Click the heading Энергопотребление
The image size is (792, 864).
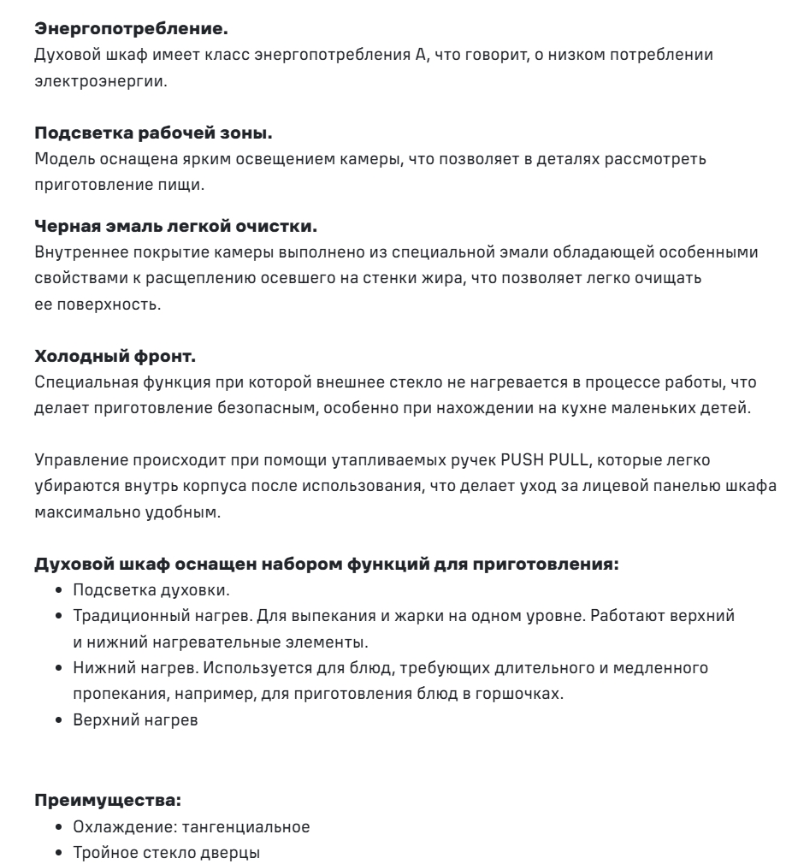click(131, 29)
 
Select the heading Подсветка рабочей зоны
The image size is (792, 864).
click(153, 133)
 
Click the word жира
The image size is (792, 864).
click(434, 279)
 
